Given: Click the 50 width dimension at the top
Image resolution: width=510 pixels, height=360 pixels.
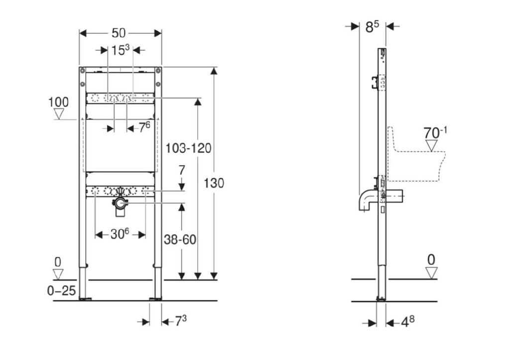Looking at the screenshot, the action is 119,33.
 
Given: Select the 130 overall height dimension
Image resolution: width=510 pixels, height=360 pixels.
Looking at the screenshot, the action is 214,183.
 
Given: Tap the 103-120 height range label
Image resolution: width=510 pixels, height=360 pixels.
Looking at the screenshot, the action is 188,148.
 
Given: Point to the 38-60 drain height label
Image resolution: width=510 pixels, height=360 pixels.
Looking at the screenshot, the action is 180,240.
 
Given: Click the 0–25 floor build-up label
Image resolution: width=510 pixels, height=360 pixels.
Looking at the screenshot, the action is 61,290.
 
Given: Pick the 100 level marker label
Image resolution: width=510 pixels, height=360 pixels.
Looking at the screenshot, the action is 59,102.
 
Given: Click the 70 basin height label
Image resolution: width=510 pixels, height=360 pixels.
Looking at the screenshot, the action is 435,132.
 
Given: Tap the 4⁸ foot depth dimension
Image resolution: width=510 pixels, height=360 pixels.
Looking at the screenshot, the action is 407,322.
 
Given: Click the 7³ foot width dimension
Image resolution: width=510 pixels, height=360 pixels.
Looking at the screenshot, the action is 181,321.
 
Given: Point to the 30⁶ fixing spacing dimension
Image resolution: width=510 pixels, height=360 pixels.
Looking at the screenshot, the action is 120,234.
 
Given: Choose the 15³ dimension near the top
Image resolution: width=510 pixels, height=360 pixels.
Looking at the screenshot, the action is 121,50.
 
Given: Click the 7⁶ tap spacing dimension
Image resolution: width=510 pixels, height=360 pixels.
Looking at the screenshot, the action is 145,127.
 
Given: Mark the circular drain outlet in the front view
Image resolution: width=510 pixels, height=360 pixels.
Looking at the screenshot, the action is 121,204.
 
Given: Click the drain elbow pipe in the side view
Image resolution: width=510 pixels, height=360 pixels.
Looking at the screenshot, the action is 365,200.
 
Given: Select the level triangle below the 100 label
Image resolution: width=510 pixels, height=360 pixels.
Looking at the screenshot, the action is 59,114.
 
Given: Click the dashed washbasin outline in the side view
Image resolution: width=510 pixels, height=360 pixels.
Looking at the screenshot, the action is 416,154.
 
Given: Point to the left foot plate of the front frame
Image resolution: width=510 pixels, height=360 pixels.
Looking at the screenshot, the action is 85,299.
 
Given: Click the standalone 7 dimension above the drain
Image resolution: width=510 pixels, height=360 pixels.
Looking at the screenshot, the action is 181,170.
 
